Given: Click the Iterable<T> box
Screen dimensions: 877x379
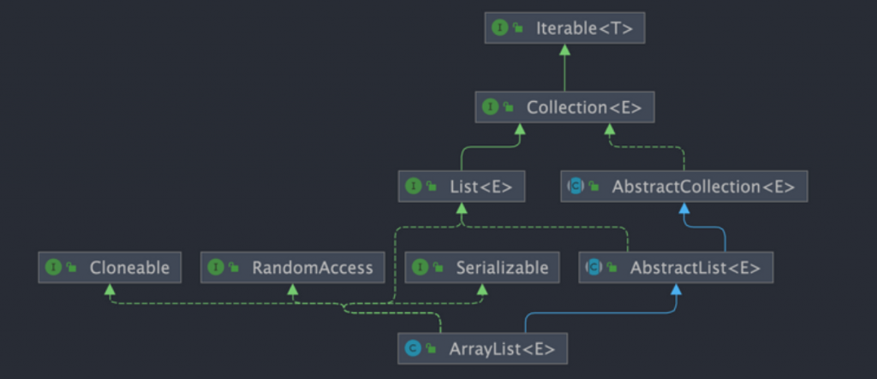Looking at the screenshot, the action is [x=565, y=28].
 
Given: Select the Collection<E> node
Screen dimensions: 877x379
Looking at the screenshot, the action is [x=565, y=107].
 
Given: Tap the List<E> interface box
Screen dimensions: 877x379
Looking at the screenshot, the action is [x=462, y=187].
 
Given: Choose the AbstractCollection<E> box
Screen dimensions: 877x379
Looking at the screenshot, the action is [x=684, y=187].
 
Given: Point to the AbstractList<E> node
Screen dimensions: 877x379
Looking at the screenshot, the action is [x=677, y=267].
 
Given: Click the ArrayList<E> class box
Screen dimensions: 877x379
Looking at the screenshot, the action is [x=483, y=349].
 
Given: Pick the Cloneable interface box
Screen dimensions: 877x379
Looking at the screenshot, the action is [x=110, y=267].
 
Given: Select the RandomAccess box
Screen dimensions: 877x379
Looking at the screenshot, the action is [x=293, y=267].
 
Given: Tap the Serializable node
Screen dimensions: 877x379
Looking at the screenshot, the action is [x=482, y=267].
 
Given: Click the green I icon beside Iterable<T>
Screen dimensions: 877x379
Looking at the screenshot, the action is [x=499, y=28].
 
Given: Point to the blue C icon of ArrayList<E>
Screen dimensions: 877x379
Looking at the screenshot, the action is [x=413, y=349].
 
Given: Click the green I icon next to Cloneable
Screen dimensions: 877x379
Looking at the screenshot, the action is [x=53, y=267].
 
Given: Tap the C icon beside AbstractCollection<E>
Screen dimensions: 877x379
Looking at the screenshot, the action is [x=576, y=187].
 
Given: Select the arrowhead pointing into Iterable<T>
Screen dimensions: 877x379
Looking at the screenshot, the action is [x=565, y=50].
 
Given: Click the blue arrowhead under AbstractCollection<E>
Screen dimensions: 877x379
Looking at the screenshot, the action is [x=684, y=209].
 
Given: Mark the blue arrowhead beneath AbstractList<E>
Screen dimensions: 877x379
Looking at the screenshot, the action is [x=677, y=289].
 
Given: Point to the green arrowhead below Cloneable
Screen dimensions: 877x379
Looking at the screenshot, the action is [x=110, y=289].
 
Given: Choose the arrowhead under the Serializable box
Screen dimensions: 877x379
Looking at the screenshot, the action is [x=482, y=289].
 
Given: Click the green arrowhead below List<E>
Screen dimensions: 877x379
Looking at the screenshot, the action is [x=462, y=209].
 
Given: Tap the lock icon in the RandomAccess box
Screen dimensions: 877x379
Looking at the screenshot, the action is [x=234, y=267].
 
